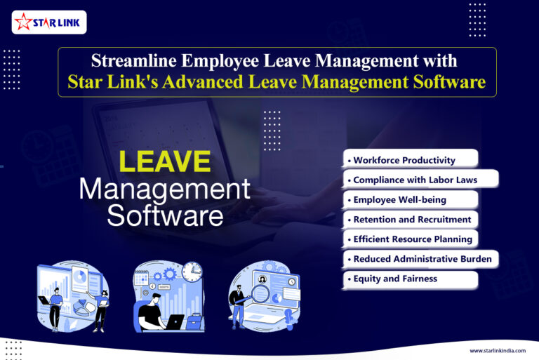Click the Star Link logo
[x=49, y=22]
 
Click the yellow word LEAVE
[x=165, y=162]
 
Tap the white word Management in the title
[x=164, y=189]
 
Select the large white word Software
[x=165, y=215]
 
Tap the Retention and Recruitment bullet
[x=412, y=220]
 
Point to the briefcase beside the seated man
[x=194, y=323]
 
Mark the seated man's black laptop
[x=172, y=321]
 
